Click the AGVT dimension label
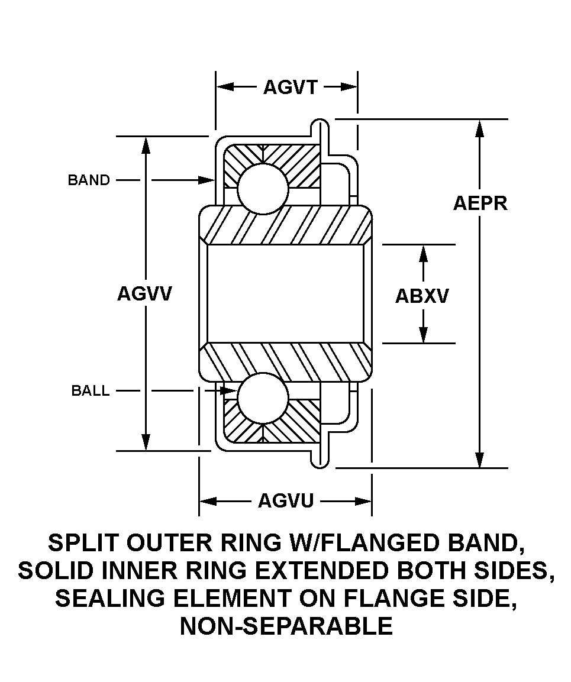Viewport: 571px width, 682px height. coord(291,88)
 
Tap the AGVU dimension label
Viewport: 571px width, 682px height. coord(285,502)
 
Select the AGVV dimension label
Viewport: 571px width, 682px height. coord(144,293)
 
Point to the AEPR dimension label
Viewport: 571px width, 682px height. coord(480,203)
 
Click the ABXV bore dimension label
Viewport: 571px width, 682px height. coord(422,296)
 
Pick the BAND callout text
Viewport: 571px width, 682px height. coord(89,180)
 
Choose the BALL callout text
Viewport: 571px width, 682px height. coord(91,391)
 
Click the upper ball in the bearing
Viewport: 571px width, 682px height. coord(263,188)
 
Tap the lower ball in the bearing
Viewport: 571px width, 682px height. coord(263,398)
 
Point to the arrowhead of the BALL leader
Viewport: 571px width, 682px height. coord(231,391)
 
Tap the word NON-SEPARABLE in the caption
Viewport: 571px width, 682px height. coord(286,626)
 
